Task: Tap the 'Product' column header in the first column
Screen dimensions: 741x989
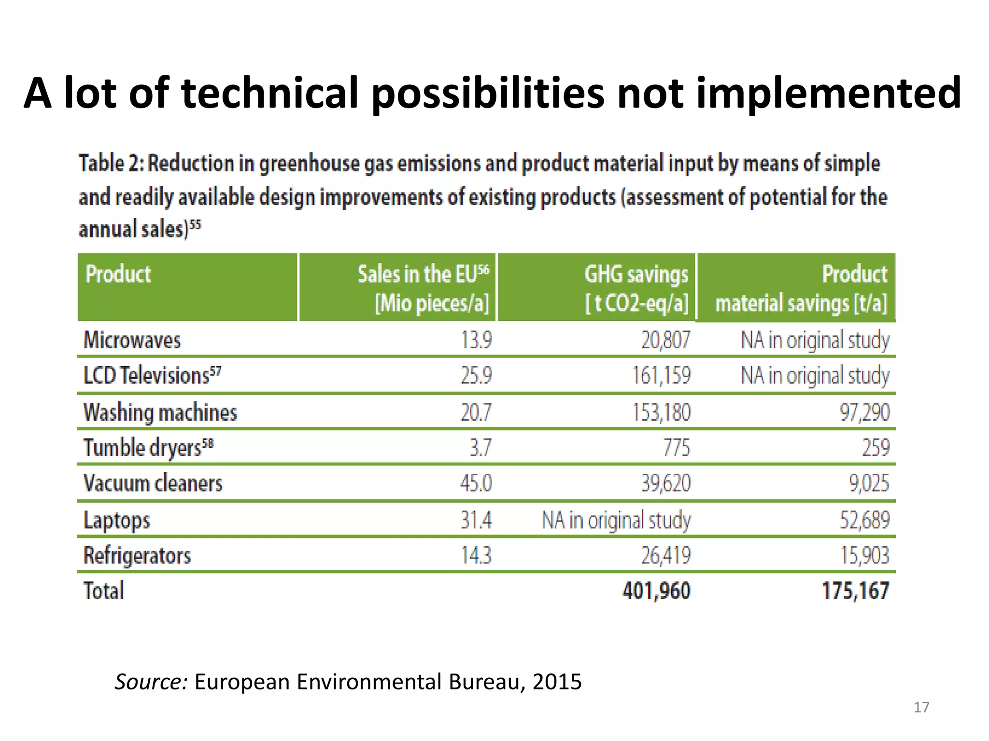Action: click(118, 274)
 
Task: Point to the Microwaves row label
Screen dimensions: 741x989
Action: click(132, 340)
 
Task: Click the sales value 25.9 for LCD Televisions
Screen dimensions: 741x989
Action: click(476, 375)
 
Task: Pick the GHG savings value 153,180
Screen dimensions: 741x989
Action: click(661, 412)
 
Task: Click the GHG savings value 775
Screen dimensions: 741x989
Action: click(676, 448)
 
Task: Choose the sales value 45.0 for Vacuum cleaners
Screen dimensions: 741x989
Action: click(476, 483)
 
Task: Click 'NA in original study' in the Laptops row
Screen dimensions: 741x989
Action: click(616, 520)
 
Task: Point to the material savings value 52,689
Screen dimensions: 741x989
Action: click(864, 520)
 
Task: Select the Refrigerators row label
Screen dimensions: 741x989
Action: click(137, 555)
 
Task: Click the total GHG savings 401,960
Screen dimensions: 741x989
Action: click(656, 590)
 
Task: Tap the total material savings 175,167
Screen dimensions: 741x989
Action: click(855, 590)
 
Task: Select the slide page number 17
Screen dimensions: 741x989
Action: click(921, 707)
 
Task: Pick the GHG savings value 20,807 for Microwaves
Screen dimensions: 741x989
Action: click(665, 340)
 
